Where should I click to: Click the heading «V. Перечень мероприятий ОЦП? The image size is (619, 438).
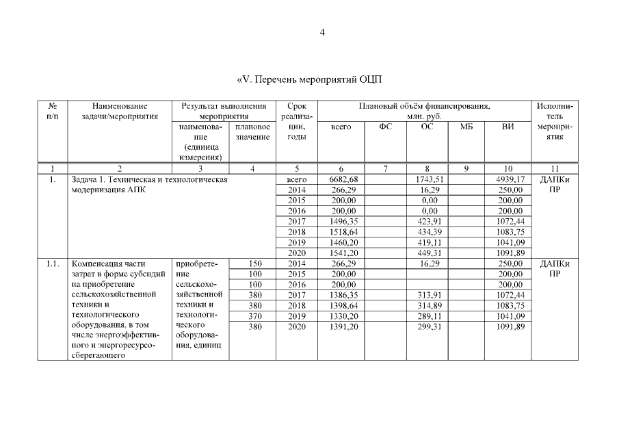pos(308,79)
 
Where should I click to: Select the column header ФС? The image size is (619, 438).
pos(386,127)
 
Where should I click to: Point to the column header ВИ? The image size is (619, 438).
pos(507,127)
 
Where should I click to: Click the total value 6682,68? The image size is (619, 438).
pos(340,179)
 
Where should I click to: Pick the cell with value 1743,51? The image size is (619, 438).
pos(427,179)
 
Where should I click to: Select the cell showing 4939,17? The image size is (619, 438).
pos(508,179)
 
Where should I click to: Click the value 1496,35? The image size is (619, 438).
pos(340,221)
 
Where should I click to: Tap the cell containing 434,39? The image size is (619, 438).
pos(427,232)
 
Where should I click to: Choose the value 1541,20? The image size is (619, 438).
pos(340,253)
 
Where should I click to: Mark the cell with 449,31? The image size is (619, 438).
pos(427,253)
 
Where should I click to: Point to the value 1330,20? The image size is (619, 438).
pos(340,316)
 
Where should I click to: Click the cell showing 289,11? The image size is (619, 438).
pos(427,316)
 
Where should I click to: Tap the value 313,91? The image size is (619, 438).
pos(427,295)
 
